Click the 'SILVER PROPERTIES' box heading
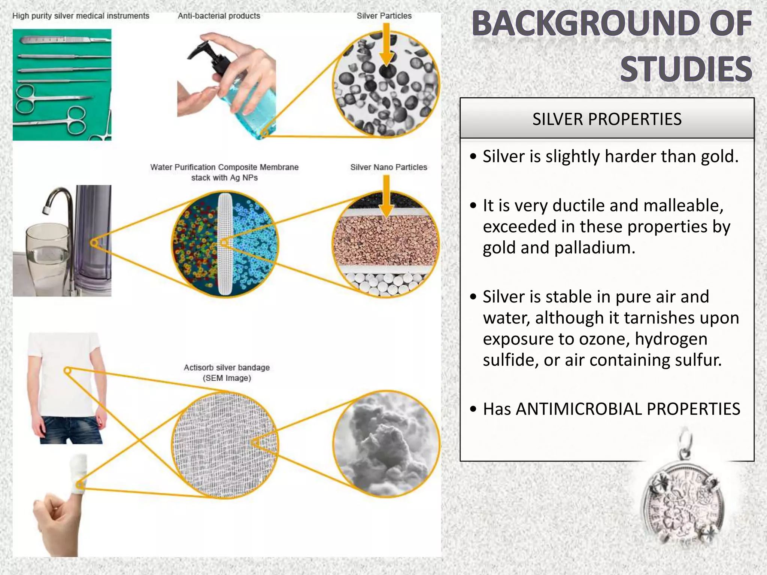607,119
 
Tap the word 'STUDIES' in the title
686,69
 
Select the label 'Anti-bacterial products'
219,16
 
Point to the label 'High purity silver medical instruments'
81,16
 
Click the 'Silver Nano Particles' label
388,167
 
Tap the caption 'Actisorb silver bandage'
227,368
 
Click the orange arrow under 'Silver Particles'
386,45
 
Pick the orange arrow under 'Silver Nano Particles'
386,196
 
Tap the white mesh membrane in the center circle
225,243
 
